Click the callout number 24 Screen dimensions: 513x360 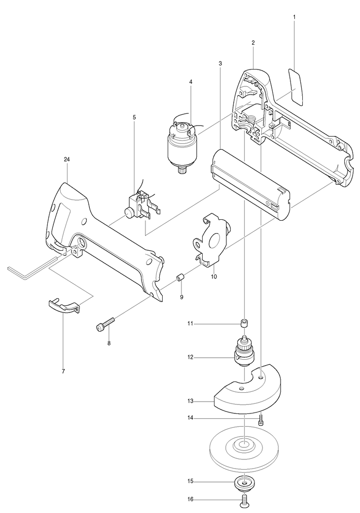pyautogui.click(x=67, y=159)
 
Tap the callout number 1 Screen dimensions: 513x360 pyautogui.click(x=294, y=17)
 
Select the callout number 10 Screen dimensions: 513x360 pyautogui.click(x=214, y=277)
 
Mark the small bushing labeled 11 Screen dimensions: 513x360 pyautogui.click(x=243, y=323)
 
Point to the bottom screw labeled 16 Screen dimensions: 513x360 pyautogui.click(x=243, y=501)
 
